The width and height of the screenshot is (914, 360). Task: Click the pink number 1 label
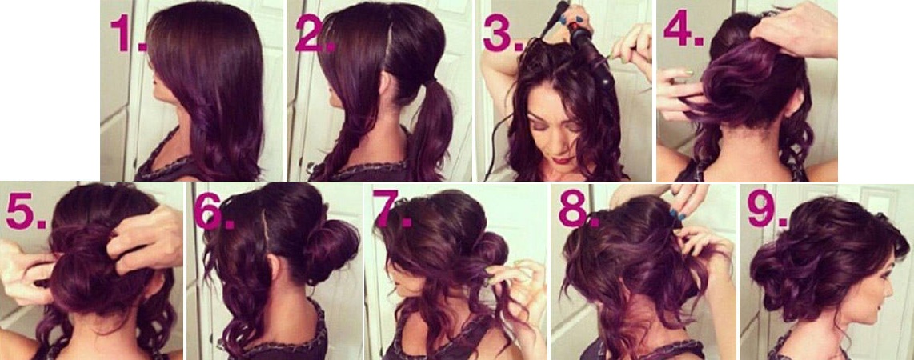tap(128, 34)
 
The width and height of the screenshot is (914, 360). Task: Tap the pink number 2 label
tap(315, 34)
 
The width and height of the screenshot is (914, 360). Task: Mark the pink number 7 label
tap(391, 209)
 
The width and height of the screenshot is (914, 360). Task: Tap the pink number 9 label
tap(767, 209)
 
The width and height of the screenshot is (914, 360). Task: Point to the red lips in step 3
tap(563, 158)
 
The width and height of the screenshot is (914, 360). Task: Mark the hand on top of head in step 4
tap(794, 29)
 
